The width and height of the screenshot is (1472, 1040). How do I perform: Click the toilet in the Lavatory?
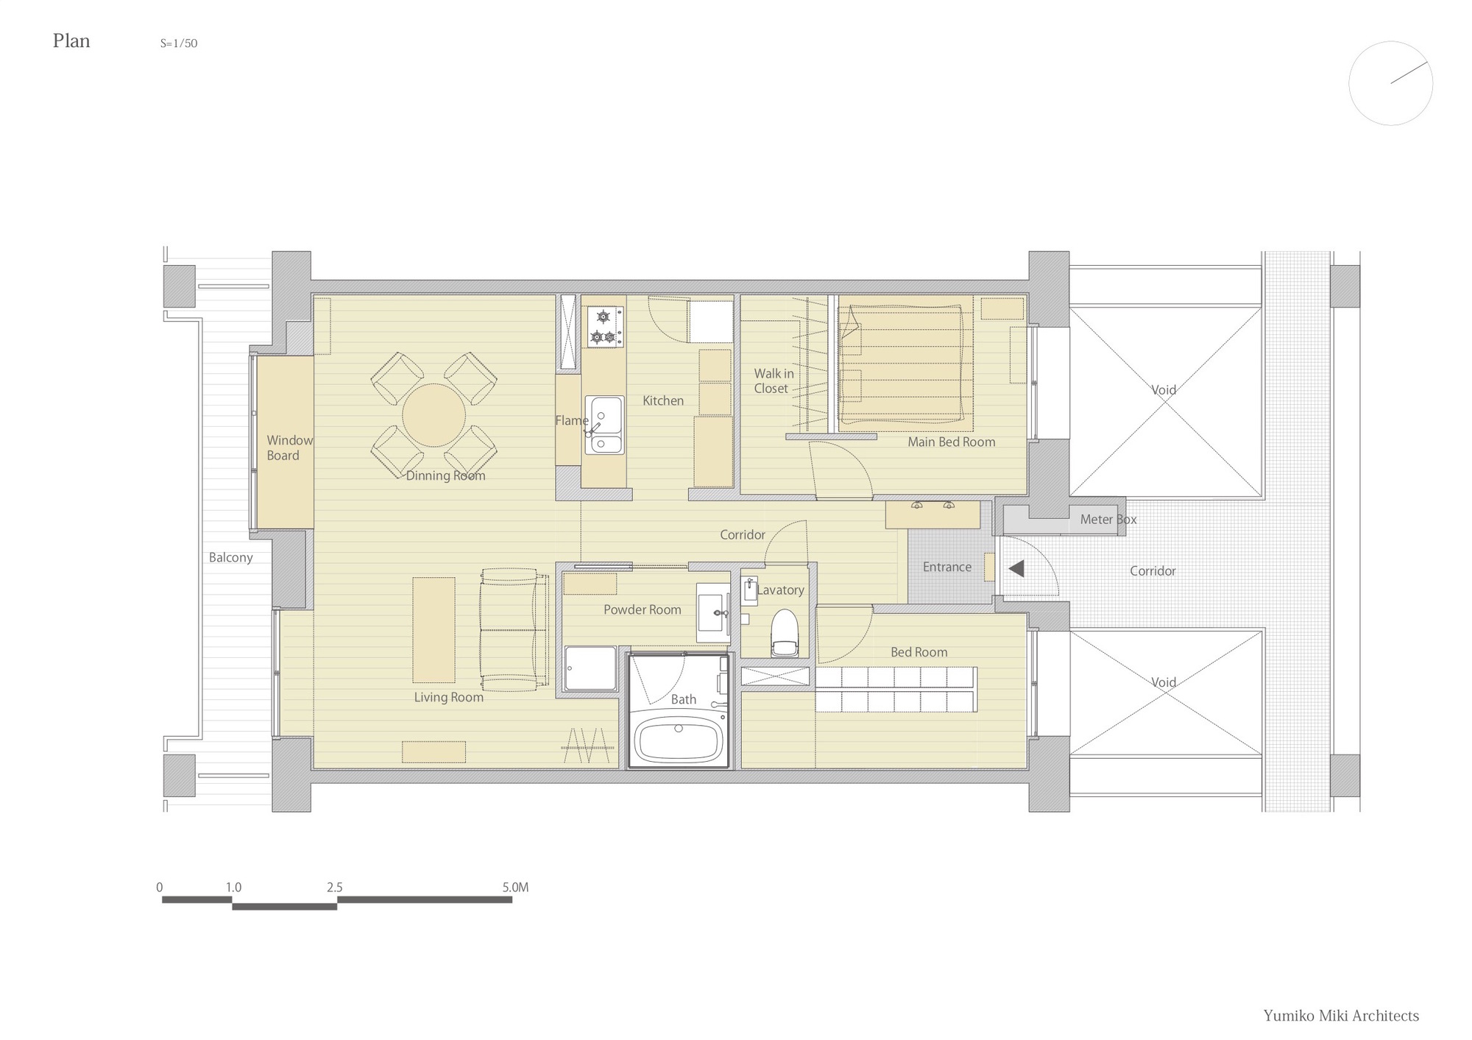[x=784, y=634]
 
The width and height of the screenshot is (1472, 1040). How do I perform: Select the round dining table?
[x=434, y=415]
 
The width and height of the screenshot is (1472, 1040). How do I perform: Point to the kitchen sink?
[x=604, y=425]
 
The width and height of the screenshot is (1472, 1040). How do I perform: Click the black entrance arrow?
[x=1016, y=568]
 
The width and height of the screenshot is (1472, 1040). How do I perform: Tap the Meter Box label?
[x=1108, y=520]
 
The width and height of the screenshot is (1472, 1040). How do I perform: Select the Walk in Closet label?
[x=773, y=381]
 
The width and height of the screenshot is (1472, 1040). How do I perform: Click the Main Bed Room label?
[x=951, y=442]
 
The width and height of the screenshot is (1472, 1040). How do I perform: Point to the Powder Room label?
[x=642, y=610]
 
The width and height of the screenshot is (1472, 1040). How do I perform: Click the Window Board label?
[x=289, y=448]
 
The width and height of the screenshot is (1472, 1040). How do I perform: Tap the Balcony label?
[x=230, y=558]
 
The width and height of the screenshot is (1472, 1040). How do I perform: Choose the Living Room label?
[x=448, y=698]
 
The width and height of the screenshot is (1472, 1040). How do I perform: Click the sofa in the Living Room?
[x=513, y=629]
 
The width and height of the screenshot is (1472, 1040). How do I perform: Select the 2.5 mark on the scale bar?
[x=335, y=888]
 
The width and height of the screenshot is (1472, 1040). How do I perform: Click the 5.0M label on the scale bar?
[x=515, y=888]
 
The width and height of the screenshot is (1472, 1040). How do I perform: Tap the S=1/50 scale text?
[x=179, y=43]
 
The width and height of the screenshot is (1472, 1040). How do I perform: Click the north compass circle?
[x=1390, y=83]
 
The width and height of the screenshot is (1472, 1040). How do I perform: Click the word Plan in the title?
[x=71, y=41]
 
